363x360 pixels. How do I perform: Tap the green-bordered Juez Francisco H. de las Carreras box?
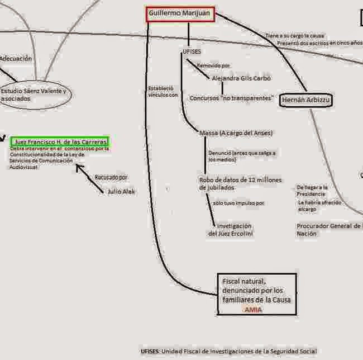[60, 142]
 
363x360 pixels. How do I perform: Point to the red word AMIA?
[253, 309]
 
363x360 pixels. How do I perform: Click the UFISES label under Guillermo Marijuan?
[192, 51]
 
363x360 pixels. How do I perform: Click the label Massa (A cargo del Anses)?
[235, 133]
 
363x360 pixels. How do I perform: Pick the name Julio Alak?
[121, 191]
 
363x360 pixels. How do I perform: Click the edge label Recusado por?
[111, 177]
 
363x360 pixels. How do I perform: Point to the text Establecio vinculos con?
[163, 92]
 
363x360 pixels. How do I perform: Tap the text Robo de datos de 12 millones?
[240, 180]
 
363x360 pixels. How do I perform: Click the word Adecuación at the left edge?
[16, 58]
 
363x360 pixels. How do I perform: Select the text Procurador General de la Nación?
[329, 229]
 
